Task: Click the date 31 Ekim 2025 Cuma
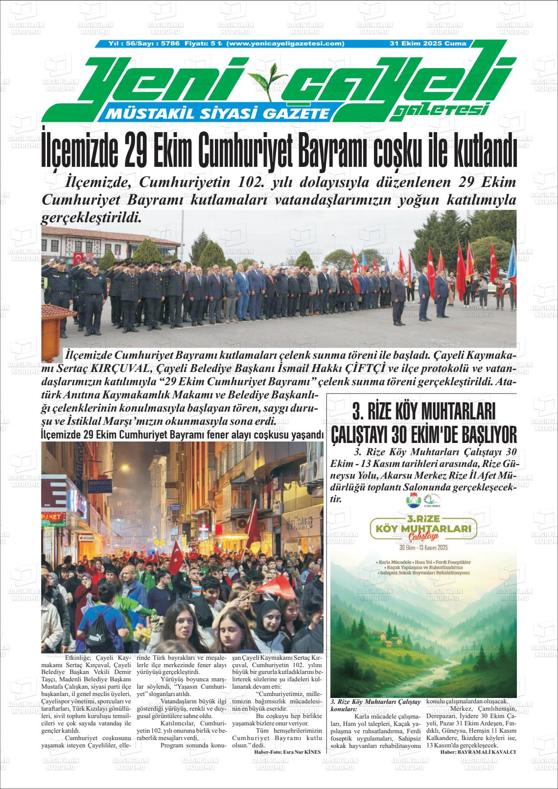point(427,44)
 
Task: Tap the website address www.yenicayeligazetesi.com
point(286,44)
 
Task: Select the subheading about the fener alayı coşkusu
point(183,435)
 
